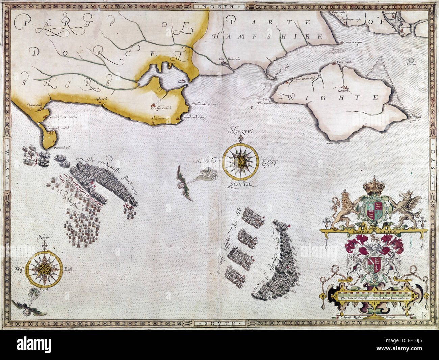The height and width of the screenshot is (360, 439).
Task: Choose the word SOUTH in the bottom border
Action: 219,324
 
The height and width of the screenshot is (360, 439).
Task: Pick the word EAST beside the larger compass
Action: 269,162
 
